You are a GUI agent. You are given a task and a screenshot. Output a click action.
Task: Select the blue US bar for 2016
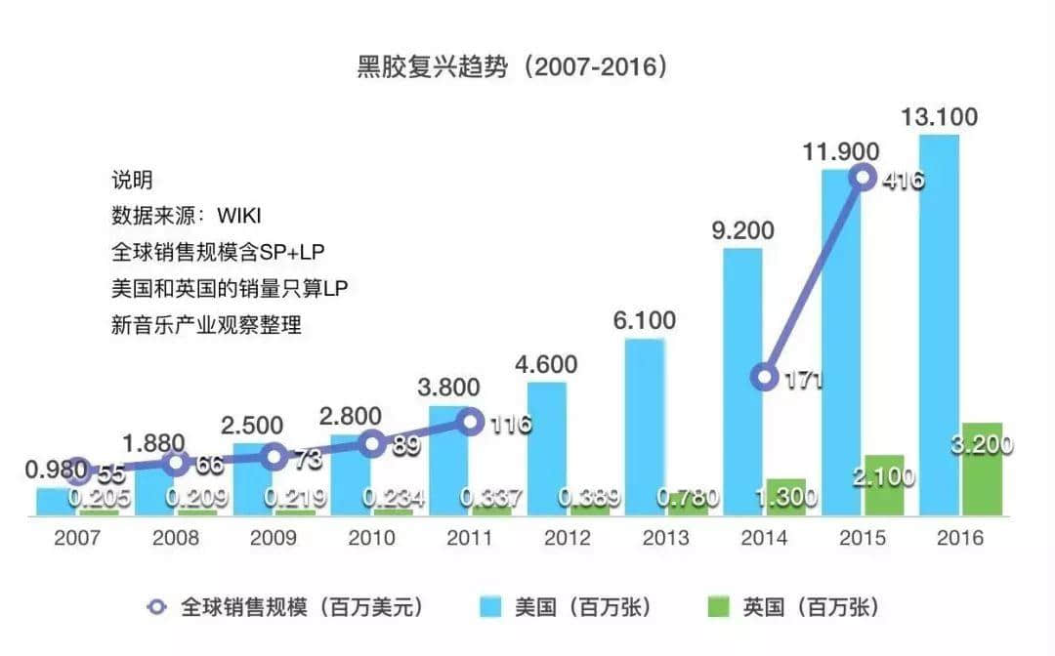[939, 322]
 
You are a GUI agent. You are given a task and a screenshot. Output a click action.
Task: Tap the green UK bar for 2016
[982, 469]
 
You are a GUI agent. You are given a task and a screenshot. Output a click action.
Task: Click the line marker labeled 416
[863, 178]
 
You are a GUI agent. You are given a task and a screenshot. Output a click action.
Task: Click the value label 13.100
[939, 117]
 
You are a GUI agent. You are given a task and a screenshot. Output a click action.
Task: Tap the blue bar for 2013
[644, 426]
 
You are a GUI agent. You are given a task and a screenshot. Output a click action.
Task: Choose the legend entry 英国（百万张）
[790, 607]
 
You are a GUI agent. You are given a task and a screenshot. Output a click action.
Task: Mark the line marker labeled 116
[471, 422]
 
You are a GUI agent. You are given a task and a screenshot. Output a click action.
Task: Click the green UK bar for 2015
[883, 484]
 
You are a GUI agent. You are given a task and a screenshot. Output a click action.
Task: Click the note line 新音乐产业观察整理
[206, 325]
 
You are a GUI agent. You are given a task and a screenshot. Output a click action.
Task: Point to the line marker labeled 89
[372, 444]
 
